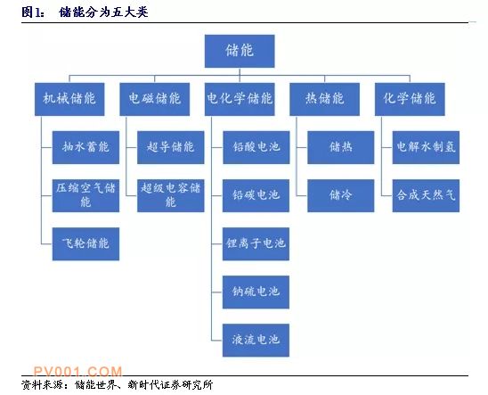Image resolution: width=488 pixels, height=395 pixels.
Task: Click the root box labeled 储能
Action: coord(240,51)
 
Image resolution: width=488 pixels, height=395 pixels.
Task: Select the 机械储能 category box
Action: coord(69,99)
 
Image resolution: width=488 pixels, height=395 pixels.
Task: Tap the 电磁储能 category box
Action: coord(154,99)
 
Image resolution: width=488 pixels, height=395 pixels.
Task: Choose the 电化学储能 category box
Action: coord(240,99)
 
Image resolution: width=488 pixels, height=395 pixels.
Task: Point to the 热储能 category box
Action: coord(325,99)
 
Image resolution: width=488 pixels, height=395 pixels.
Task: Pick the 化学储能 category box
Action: coord(410,99)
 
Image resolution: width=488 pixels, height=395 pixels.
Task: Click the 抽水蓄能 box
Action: coord(85,147)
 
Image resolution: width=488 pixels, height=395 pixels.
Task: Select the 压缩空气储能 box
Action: coord(85,195)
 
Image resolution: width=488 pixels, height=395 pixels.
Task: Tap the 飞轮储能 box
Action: coord(85,244)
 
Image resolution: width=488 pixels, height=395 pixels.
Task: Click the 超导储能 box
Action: coord(171,147)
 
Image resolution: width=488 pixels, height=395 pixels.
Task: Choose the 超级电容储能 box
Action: coord(171,195)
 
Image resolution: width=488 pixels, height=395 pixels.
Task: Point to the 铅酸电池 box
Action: coord(256,147)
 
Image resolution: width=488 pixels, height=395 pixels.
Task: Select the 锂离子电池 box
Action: coord(256,244)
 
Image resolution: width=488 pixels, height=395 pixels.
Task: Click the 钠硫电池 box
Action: coord(256,292)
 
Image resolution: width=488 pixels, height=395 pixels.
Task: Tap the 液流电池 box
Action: coord(256,341)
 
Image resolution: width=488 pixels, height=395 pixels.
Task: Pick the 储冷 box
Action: coord(341,195)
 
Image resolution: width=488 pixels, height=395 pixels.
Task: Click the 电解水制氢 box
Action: coord(426,147)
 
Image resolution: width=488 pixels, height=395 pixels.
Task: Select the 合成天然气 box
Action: coord(426,195)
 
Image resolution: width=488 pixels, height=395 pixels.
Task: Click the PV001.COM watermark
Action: coord(77,371)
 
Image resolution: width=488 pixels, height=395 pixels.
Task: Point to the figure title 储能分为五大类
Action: coord(103,12)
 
